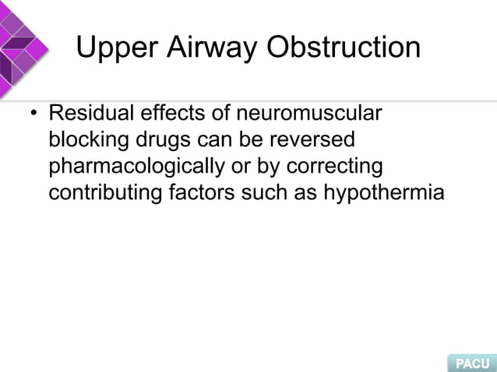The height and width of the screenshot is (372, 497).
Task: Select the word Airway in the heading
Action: (209, 50)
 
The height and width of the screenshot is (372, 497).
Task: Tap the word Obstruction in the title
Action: (344, 50)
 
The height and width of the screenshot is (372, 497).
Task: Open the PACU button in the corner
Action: (471, 362)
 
